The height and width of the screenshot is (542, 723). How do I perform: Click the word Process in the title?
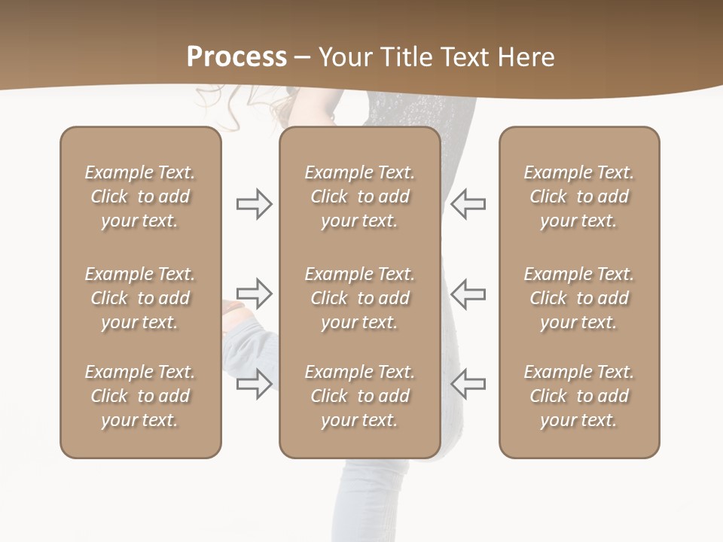(x=236, y=57)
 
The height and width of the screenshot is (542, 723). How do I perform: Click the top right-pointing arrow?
(x=255, y=204)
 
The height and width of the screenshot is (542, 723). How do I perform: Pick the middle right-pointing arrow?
(x=255, y=294)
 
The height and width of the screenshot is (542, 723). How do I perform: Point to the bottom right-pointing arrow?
(x=255, y=383)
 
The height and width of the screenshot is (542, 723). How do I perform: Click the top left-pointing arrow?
(x=468, y=204)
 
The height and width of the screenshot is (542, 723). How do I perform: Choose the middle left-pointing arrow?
(x=468, y=294)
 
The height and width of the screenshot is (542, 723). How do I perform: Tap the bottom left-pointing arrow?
(x=468, y=383)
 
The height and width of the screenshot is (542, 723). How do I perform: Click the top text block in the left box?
(x=140, y=196)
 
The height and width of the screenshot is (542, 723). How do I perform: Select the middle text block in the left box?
(x=140, y=298)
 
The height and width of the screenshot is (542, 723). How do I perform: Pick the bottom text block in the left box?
(x=140, y=396)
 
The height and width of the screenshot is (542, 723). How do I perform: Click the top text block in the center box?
(x=359, y=196)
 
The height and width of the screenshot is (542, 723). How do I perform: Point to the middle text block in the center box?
(x=359, y=298)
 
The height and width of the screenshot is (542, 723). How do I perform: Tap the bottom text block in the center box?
(x=359, y=396)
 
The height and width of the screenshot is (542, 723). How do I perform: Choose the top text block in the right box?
(x=578, y=196)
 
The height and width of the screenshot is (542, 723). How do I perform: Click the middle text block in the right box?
(x=578, y=298)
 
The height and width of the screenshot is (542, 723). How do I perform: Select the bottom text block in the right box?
(x=578, y=396)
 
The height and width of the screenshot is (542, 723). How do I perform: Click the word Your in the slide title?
(x=345, y=57)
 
